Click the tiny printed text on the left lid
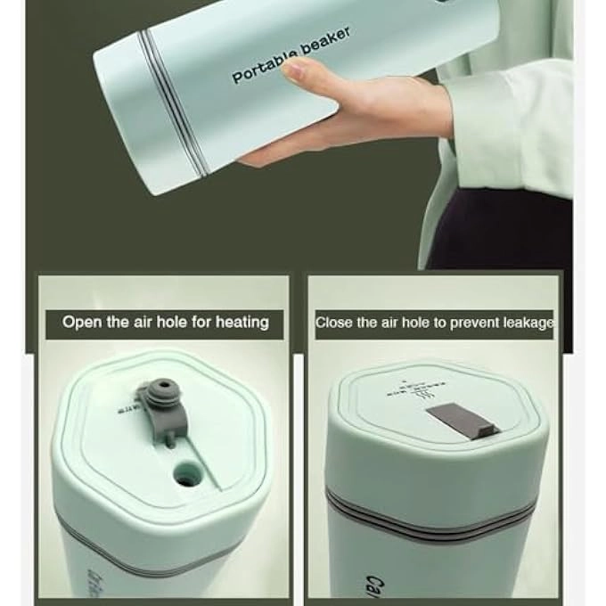click(x=130, y=406)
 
